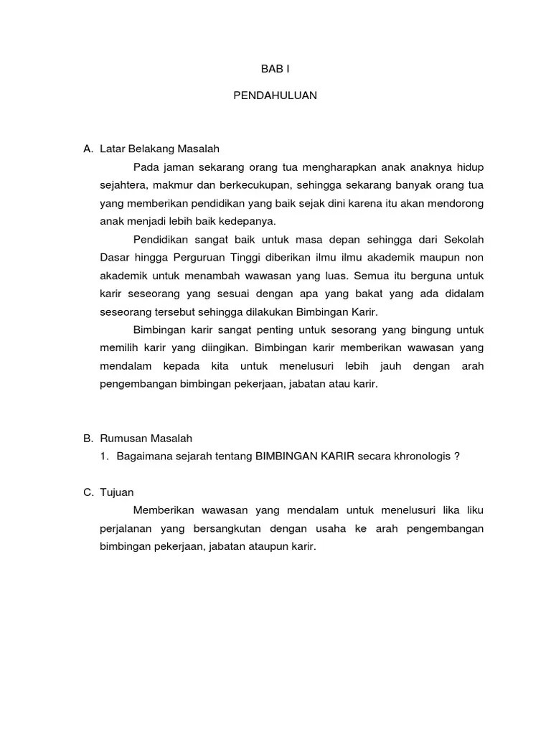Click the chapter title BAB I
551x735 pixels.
point(275,69)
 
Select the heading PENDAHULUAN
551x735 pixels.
point(275,95)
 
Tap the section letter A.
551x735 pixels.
point(88,149)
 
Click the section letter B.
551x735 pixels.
point(88,438)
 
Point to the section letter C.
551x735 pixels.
point(88,492)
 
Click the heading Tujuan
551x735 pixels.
point(117,492)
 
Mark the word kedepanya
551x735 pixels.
point(250,221)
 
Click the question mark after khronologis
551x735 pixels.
point(457,457)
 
